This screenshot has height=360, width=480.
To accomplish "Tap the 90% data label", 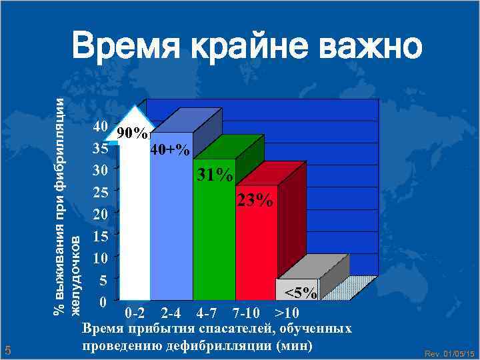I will (x=132, y=133).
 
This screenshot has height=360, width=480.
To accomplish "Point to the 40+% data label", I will (x=169, y=151).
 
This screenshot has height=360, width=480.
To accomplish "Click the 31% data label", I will (x=214, y=176).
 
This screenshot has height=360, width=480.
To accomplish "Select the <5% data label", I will (x=301, y=293).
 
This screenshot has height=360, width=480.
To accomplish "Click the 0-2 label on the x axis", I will (x=135, y=313).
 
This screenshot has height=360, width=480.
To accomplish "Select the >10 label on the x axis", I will (x=287, y=313).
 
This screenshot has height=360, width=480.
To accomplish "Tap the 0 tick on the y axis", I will (x=101, y=302).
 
